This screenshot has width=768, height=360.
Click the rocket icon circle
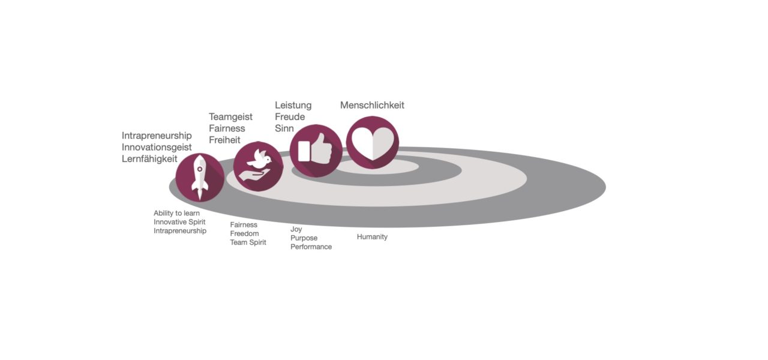pyautogui.click(x=200, y=177)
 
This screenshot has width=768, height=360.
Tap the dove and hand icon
pyautogui.click(x=258, y=166)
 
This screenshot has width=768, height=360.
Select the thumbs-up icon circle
pyautogui.click(x=316, y=151)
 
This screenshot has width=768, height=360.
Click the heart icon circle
pyautogui.click(x=373, y=142)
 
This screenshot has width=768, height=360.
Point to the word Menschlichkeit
pyautogui.click(x=372, y=105)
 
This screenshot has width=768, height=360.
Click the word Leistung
pyautogui.click(x=293, y=105)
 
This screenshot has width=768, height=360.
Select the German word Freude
pyautogui.click(x=290, y=117)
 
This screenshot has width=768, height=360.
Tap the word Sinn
pyautogui.click(x=284, y=128)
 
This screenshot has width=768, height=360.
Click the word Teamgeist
pyautogui.click(x=230, y=117)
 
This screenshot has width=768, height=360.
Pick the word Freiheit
pyautogui.click(x=224, y=140)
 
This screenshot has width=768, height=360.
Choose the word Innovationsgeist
pyautogui.click(x=157, y=148)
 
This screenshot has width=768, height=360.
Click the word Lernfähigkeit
pyautogui.click(x=149, y=159)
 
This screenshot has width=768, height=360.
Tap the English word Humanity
pyautogui.click(x=372, y=237)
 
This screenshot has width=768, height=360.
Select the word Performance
pyautogui.click(x=311, y=247)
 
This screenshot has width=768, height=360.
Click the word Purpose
pyautogui.click(x=304, y=238)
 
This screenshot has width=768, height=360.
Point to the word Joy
pyautogui.click(x=296, y=229)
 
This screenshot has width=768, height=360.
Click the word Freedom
pyautogui.click(x=244, y=233)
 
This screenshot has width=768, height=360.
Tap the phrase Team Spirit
pyautogui.click(x=248, y=242)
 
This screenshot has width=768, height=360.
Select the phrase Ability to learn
pyautogui.click(x=176, y=213)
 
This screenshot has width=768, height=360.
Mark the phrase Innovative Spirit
pyautogui.click(x=179, y=222)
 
